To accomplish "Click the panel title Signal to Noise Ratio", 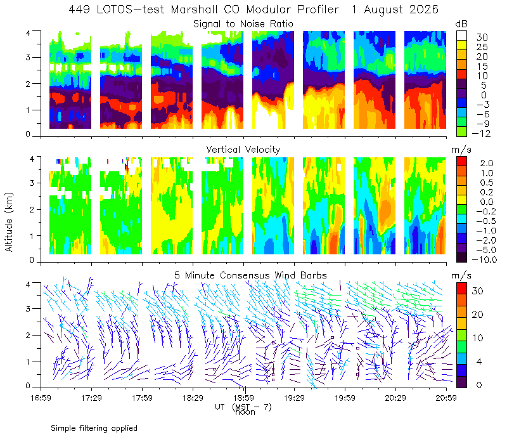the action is pyautogui.click(x=243, y=24).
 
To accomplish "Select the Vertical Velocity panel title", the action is pyautogui.click(x=243, y=150).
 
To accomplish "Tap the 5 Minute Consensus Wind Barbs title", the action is pyautogui.click(x=250, y=275).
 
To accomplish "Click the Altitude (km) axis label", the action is pyautogui.click(x=9, y=222).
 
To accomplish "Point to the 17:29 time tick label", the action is pyautogui.click(x=91, y=398).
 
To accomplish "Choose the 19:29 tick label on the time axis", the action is pyautogui.click(x=294, y=398).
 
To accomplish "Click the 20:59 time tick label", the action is pyautogui.click(x=446, y=398).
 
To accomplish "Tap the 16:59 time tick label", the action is pyautogui.click(x=41, y=398).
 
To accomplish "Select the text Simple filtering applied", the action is pyautogui.click(x=94, y=428).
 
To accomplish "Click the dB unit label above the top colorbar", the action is pyautogui.click(x=461, y=24).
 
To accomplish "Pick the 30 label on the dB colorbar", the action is pyautogui.click(x=482, y=37).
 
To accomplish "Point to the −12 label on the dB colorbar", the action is pyautogui.click(x=481, y=133).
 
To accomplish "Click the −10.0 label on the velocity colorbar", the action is pyautogui.click(x=484, y=259).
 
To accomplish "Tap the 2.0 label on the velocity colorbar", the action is pyautogui.click(x=487, y=164).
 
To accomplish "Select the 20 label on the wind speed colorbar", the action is pyautogui.click(x=478, y=314).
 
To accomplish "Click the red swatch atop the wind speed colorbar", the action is pyautogui.click(x=461, y=289).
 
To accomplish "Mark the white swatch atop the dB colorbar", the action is pyautogui.click(x=461, y=36).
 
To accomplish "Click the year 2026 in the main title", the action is pyautogui.click(x=423, y=10).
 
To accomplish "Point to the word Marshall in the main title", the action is pyautogui.click(x=194, y=10).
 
